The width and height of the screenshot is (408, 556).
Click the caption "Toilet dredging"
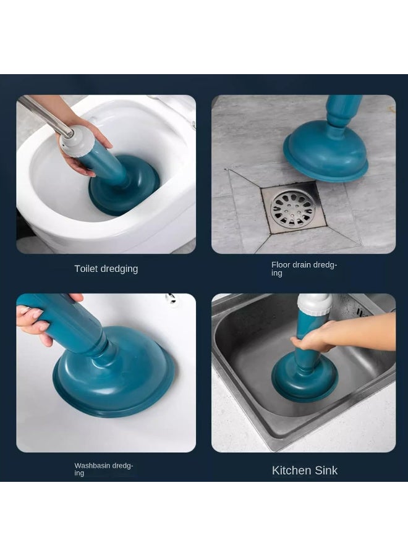(x=106, y=269)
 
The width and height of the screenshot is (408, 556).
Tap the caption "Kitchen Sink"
(x=305, y=471)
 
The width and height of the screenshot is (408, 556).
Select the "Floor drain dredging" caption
(x=304, y=269)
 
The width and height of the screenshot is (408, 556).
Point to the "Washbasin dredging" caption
(x=104, y=469)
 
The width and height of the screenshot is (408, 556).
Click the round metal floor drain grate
(x=292, y=209)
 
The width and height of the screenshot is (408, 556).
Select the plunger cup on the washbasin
(x=114, y=373)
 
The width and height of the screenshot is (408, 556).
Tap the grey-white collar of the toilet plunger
(x=77, y=141)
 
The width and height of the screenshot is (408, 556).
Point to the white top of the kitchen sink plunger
(x=314, y=304)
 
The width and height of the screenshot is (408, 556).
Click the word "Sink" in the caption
(x=325, y=471)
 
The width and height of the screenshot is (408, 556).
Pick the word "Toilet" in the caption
(x=86, y=269)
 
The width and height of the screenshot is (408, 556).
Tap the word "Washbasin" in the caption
(x=92, y=466)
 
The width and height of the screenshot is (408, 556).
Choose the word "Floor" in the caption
(x=281, y=265)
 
